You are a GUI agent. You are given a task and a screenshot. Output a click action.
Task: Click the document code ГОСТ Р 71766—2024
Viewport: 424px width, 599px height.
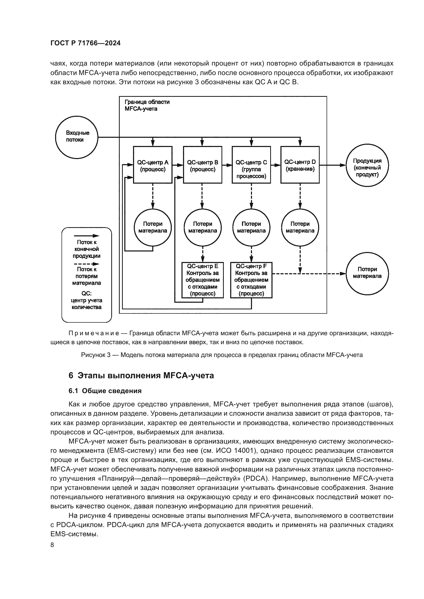tap(85, 43)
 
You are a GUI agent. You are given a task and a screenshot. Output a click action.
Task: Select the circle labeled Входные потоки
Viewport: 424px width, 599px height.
tap(76, 137)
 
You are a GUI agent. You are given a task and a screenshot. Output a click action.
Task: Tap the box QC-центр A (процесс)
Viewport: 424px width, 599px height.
tap(153, 165)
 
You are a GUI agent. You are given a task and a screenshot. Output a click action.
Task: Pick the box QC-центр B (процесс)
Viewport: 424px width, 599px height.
tap(203, 165)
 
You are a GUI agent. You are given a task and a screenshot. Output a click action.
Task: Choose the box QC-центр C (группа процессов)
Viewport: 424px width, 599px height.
tap(251, 165)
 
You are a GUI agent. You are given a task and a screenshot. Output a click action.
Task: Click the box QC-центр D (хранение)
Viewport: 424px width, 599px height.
tap(300, 165)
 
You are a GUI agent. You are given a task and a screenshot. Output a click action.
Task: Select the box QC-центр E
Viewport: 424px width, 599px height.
tap(203, 280)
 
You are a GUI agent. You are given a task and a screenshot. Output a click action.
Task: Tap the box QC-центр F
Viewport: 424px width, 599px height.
tap(251, 280)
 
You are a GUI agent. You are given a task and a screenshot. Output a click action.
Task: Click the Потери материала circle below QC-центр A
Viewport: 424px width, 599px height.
tap(153, 227)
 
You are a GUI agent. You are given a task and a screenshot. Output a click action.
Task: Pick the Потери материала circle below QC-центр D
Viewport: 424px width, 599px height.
tap(300, 227)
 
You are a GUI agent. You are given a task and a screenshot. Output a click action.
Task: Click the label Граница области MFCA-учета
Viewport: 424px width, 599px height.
tap(147, 105)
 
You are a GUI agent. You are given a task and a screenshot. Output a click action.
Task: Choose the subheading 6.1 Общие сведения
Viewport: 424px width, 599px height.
tap(105, 391)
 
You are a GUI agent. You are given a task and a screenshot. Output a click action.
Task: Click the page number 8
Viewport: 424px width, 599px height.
tap(52, 545)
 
